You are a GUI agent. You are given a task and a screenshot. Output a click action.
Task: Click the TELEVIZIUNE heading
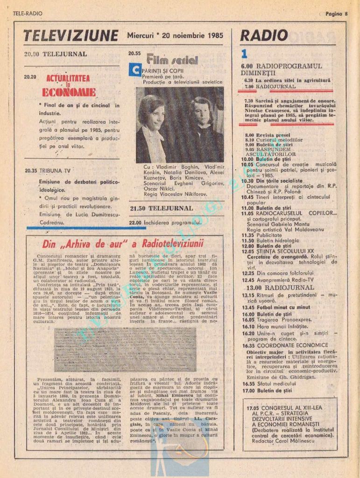pos(71,35)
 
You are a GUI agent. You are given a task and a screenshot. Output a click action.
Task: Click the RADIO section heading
pos(264,35)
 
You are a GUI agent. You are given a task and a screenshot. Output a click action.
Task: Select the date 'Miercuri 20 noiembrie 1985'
pos(175,35)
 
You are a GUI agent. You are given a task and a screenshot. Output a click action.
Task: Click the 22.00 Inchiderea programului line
pos(165,223)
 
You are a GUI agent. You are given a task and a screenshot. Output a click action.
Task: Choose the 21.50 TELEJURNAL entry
pos(161,208)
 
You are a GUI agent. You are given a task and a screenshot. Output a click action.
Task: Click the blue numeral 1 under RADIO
pos(244,53)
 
